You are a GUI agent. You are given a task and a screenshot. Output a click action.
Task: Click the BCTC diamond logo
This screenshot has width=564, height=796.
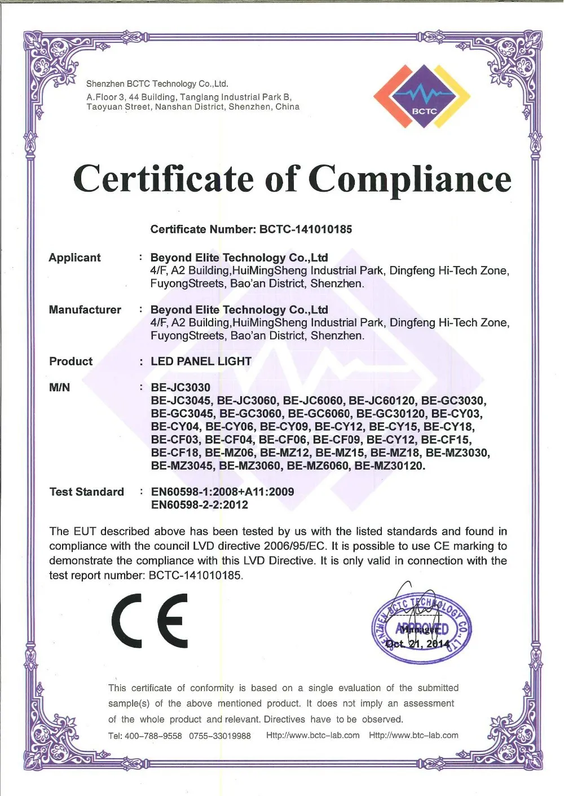[x=422, y=96]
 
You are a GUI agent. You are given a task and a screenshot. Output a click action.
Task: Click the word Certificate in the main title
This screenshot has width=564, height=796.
[x=163, y=179]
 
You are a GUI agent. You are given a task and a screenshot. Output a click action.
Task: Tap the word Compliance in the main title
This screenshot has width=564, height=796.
[x=410, y=179]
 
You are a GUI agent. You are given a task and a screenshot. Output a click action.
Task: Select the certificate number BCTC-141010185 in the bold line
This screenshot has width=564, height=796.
[x=306, y=229]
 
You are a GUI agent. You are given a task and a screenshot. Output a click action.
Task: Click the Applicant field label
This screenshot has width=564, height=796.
[x=74, y=258]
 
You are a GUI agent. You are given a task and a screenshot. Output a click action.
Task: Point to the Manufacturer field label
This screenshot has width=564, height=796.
[x=85, y=309]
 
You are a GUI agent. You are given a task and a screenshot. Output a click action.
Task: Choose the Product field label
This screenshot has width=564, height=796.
[x=70, y=361]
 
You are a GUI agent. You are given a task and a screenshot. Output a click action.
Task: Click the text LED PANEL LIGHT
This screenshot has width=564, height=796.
[x=201, y=361]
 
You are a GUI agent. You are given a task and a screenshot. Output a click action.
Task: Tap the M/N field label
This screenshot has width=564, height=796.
[x=59, y=387]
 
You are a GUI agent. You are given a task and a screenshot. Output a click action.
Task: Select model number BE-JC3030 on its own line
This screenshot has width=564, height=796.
[x=180, y=387]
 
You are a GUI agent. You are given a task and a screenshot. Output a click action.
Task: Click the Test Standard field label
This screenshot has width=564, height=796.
[x=86, y=492]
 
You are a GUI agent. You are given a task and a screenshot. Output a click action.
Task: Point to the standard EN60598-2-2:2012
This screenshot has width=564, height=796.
[x=199, y=505]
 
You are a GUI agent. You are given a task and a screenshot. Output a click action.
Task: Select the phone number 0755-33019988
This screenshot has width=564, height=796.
[x=219, y=736]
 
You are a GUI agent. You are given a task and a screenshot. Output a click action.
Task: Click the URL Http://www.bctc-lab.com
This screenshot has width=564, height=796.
[x=312, y=735]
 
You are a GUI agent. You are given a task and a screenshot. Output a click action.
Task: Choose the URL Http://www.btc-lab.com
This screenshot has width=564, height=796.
[x=413, y=735]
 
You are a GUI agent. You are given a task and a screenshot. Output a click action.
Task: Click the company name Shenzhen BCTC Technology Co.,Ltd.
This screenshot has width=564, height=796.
[x=157, y=84]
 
